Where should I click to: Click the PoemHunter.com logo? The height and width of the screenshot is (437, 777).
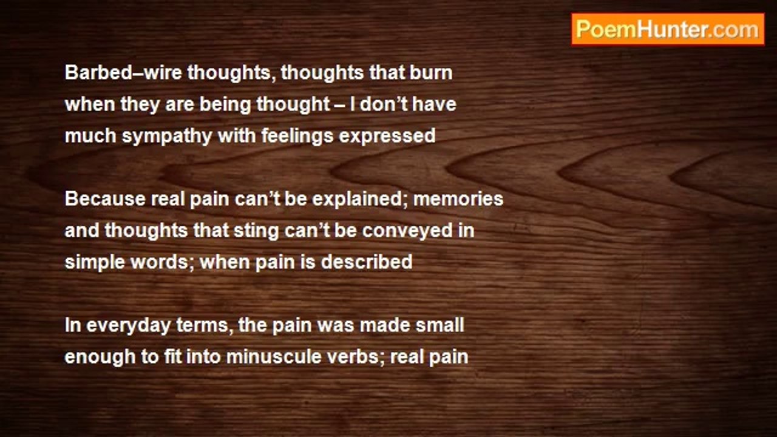pos(668,30)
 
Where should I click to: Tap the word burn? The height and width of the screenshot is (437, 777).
pos(431,72)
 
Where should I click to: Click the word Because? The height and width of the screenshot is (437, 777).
pos(105,199)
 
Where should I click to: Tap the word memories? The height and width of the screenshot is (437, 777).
pos(458,199)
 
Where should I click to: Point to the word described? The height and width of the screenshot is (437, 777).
pos(367,262)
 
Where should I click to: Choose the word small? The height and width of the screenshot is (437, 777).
pos(440,325)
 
